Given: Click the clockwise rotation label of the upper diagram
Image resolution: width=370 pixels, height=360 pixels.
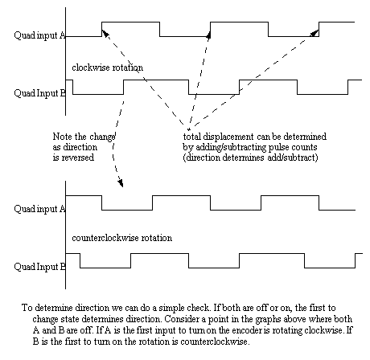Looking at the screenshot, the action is (x=107, y=67).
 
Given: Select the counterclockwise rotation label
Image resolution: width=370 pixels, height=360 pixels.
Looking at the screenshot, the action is (x=122, y=238).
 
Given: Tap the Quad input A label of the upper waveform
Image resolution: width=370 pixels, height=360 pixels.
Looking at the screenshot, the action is (x=39, y=35).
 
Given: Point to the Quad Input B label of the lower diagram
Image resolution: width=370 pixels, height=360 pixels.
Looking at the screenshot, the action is (x=39, y=267).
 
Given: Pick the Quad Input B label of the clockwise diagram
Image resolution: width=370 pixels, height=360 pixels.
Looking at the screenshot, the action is (x=39, y=93).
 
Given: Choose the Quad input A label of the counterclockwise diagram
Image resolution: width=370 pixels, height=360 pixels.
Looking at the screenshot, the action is (x=39, y=209).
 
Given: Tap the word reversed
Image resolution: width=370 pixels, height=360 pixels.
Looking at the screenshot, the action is (x=78, y=157).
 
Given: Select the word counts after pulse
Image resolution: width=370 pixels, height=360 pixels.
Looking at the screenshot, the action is (x=305, y=147).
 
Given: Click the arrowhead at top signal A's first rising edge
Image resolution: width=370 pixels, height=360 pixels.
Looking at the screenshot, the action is (x=105, y=33).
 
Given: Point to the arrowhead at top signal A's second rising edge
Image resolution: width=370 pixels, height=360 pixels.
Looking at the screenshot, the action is (x=208, y=35).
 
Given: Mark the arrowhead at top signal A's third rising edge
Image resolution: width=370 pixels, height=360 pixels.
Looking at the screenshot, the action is (x=314, y=33).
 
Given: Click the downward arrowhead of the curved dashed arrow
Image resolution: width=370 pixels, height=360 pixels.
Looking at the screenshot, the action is (x=121, y=183).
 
